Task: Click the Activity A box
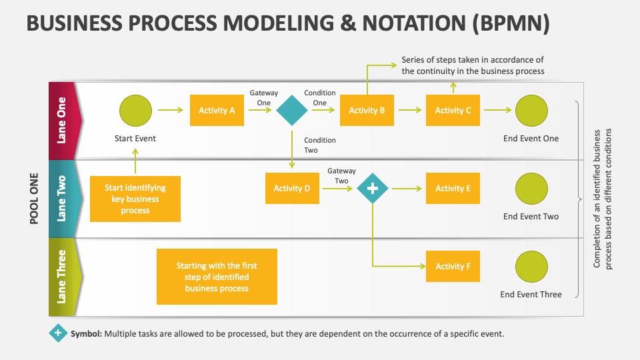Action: pyautogui.click(x=217, y=111)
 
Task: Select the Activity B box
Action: pyautogui.click(x=367, y=111)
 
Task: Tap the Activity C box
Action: pyautogui.click(x=453, y=111)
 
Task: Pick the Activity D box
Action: pyautogui.click(x=292, y=188)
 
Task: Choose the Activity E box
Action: pyautogui.click(x=453, y=188)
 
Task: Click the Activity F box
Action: pyautogui.click(x=453, y=266)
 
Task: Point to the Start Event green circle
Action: pyautogui.click(x=135, y=111)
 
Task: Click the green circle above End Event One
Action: pyautogui.click(x=531, y=111)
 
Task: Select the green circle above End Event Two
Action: pyautogui.click(x=531, y=189)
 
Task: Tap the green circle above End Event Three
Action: pyautogui.click(x=531, y=267)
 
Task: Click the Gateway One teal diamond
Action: pyautogui.click(x=292, y=111)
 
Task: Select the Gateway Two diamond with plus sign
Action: pyautogui.click(x=373, y=189)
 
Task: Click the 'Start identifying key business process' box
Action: pyautogui.click(x=135, y=199)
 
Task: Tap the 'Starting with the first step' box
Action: pyautogui.click(x=217, y=277)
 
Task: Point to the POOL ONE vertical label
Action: pyautogui.click(x=35, y=199)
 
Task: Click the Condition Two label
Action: pyautogui.click(x=320, y=145)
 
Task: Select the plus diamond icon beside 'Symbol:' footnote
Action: pyautogui.click(x=59, y=333)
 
